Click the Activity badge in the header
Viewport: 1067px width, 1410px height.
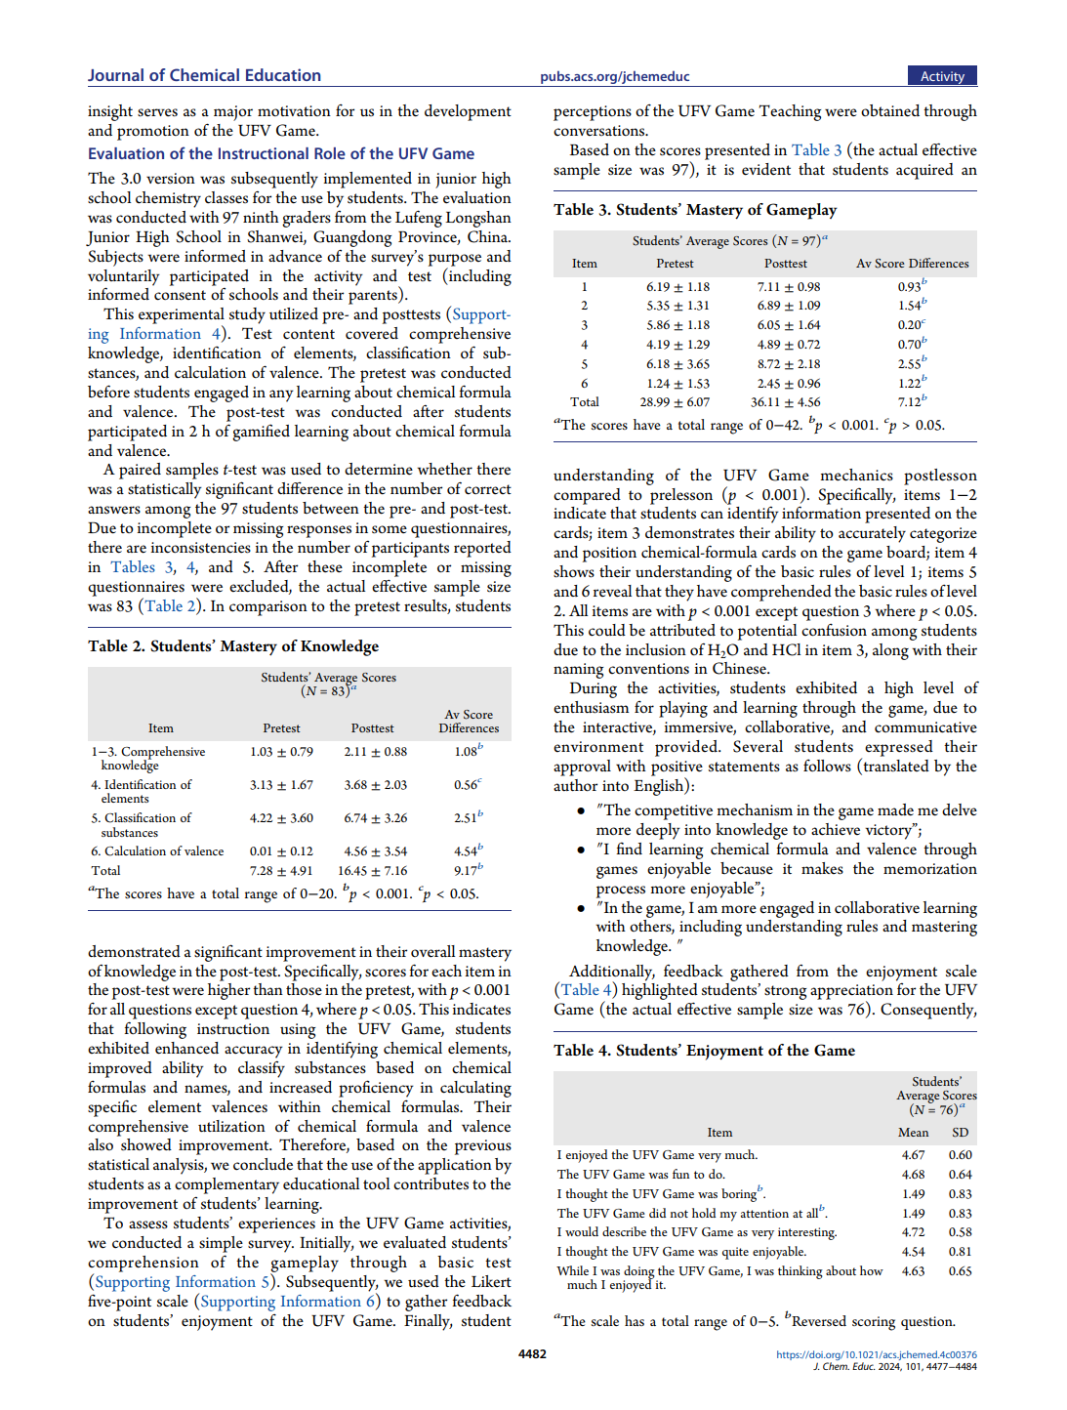tap(942, 76)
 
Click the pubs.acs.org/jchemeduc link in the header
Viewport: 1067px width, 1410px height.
tap(614, 76)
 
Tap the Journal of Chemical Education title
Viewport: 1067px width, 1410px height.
tap(204, 75)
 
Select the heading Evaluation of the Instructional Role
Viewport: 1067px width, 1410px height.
tap(281, 153)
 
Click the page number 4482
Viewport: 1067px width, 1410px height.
tap(532, 1353)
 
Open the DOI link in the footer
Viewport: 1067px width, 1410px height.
tap(876, 1354)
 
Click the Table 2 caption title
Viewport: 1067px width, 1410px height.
tap(233, 646)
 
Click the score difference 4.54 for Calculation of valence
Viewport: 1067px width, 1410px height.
tap(466, 851)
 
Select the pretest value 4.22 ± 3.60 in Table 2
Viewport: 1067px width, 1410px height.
tap(281, 818)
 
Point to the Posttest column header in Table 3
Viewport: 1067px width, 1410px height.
tap(785, 264)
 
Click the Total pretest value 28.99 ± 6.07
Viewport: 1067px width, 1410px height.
tap(675, 402)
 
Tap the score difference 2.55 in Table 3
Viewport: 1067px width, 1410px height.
tap(910, 364)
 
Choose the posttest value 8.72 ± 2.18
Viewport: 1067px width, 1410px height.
tap(788, 364)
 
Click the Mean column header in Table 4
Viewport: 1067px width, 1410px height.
tap(913, 1133)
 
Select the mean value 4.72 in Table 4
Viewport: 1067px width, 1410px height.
tap(913, 1232)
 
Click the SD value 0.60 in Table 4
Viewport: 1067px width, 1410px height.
tap(960, 1155)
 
